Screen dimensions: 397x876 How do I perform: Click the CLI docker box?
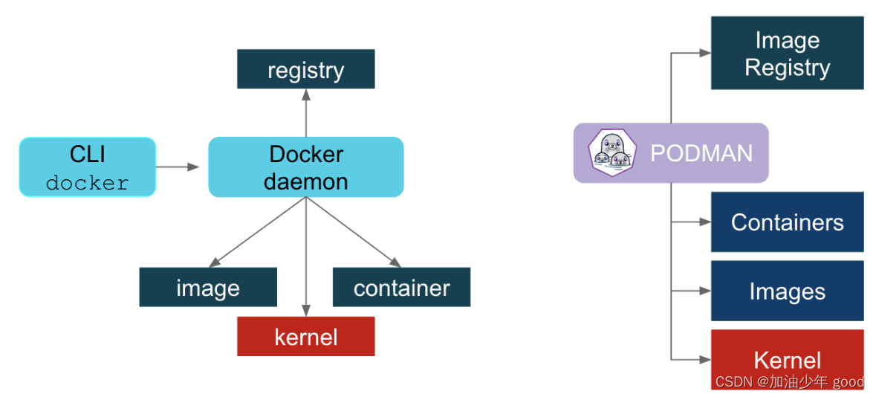(87, 167)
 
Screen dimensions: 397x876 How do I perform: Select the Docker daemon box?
(305, 167)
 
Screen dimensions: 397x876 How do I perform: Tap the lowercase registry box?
(305, 70)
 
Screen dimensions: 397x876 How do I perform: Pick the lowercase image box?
(208, 288)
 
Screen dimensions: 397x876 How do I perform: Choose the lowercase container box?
(401, 288)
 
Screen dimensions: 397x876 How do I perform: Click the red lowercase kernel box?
(305, 337)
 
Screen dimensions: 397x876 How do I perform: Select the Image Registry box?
(787, 53)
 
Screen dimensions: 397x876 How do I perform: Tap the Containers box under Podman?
(787, 222)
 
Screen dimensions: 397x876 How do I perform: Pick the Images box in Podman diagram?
(787, 291)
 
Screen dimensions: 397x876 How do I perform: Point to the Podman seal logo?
(612, 153)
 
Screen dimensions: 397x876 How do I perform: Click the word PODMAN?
(701, 153)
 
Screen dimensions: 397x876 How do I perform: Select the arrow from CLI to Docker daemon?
(178, 167)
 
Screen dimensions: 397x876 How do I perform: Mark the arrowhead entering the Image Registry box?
(704, 53)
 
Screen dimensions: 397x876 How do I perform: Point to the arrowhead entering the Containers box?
(704, 222)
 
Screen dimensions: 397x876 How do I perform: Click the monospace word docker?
(87, 183)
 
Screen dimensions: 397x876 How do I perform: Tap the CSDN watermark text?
(789, 382)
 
